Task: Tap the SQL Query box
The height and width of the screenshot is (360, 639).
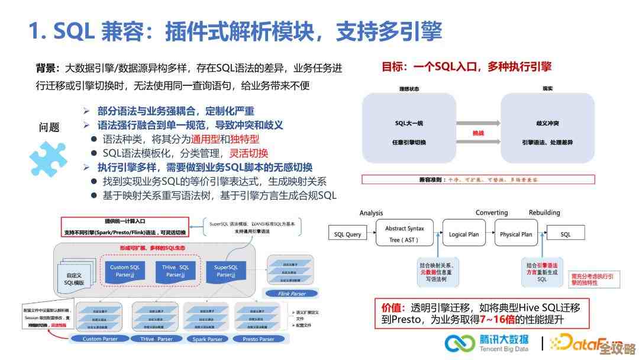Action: coord(347,234)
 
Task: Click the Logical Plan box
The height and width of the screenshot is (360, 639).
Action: coord(464,234)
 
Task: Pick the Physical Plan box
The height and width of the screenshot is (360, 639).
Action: coord(516,234)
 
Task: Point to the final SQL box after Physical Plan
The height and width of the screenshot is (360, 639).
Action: coord(566,234)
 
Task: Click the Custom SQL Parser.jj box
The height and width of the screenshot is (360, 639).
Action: coord(125,271)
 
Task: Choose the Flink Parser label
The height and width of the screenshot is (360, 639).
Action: coord(291,293)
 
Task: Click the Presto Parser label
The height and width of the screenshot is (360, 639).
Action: coord(259,339)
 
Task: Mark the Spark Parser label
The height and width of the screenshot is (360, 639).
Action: coord(208,339)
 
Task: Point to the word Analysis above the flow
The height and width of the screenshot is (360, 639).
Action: coord(371,213)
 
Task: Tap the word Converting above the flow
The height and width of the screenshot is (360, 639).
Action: coord(492,213)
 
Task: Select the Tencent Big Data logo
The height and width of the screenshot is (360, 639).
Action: coord(487,343)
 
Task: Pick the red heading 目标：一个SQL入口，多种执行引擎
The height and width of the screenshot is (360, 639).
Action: coord(466,67)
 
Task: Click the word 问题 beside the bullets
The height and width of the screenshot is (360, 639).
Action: coord(50,127)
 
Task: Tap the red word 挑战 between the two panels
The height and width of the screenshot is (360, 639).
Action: coord(478,133)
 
